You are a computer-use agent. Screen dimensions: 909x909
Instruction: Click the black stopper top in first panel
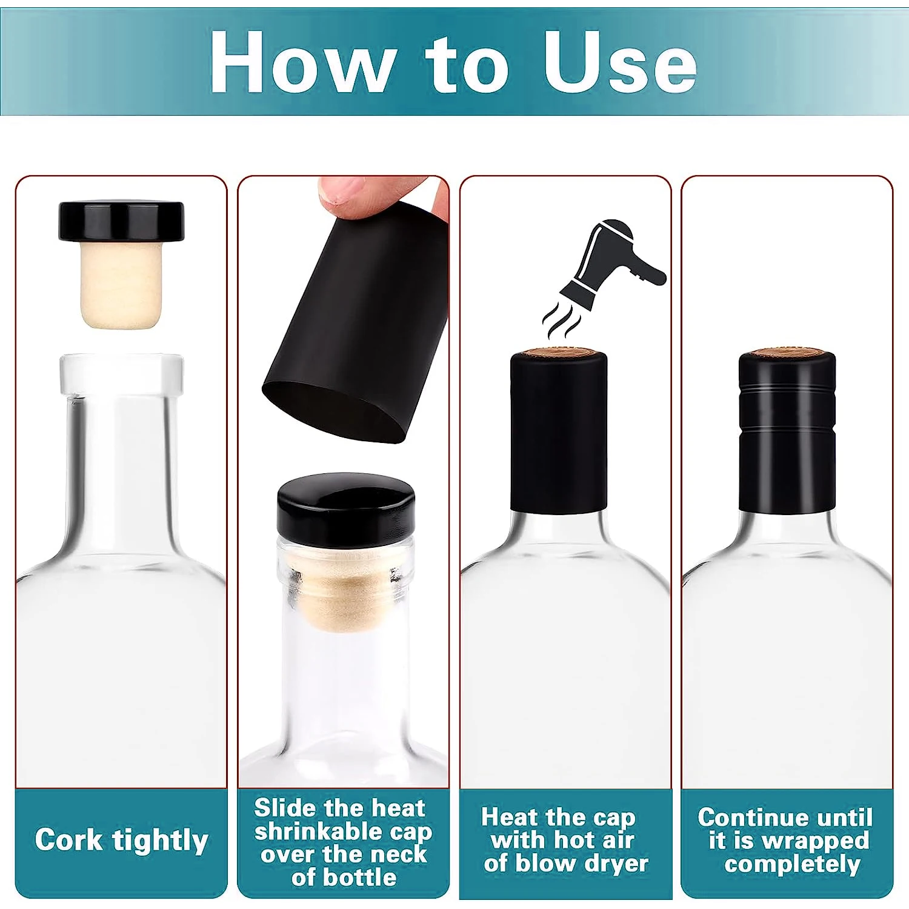[121, 221]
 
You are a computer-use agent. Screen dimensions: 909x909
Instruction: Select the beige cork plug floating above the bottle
[121, 285]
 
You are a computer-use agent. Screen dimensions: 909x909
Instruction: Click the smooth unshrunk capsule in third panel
[558, 433]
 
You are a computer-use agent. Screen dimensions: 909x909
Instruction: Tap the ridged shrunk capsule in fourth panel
[787, 433]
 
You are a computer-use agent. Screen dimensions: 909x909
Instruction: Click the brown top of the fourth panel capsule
[787, 353]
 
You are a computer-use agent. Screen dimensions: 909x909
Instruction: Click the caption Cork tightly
[121, 841]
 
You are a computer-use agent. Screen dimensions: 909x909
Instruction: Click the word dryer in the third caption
[614, 864]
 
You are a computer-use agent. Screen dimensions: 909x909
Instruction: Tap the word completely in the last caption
[792, 864]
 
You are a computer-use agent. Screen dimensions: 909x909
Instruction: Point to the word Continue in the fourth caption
[741, 817]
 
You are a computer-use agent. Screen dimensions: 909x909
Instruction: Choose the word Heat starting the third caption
[509, 817]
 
